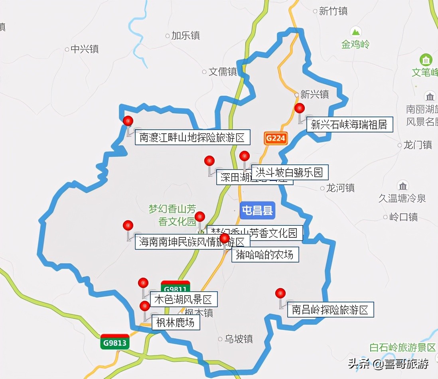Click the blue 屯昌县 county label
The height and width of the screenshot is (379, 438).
pyautogui.click(x=258, y=210)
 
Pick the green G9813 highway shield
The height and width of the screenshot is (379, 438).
pyautogui.click(x=115, y=342)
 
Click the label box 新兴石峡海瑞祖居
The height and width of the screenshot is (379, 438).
pyautogui.click(x=349, y=125)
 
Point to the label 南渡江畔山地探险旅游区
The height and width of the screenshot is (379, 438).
pyautogui.click(x=192, y=138)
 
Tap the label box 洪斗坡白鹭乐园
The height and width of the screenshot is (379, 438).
pyautogui.click(x=290, y=172)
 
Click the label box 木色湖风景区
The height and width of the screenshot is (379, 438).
pyautogui.click(x=183, y=299)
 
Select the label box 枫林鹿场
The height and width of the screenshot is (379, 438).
pyautogui.click(x=176, y=322)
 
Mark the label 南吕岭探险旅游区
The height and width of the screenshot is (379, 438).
pyautogui.click(x=331, y=310)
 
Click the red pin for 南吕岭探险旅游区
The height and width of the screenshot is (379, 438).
pyautogui.click(x=280, y=294)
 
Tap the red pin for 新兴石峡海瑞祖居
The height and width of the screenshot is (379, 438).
pyautogui.click(x=299, y=108)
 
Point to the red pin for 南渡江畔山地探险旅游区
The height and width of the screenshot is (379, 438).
pyautogui.click(x=128, y=120)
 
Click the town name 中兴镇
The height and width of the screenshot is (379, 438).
pyautogui.click(x=85, y=49)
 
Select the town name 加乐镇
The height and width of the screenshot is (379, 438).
pyautogui.click(x=185, y=36)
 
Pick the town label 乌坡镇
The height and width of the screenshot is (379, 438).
pyautogui.click(x=239, y=339)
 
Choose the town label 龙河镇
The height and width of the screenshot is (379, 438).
pyautogui.click(x=340, y=188)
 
